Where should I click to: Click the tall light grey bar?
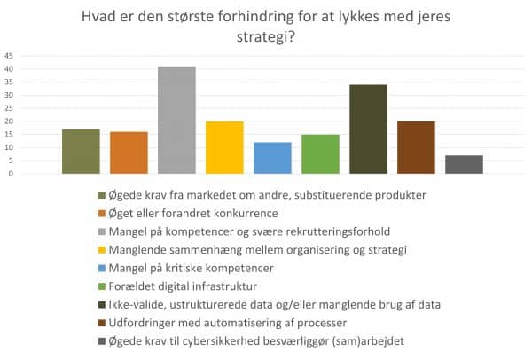176,120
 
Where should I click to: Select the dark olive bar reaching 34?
368,129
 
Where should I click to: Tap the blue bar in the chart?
272,158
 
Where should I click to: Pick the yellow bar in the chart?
224,147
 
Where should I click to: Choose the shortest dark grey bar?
464,164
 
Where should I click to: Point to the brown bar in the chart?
416,147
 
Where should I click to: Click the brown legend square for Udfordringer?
101,323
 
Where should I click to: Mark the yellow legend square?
101,249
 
